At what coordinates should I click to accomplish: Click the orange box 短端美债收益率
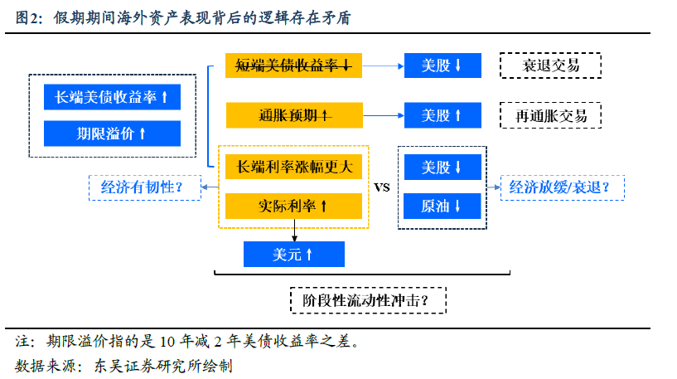point(293,66)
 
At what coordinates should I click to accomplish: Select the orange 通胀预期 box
point(294,115)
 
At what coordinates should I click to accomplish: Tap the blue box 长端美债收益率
point(112,97)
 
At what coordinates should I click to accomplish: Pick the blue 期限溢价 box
point(112,134)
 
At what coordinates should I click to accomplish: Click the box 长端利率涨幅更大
point(293,167)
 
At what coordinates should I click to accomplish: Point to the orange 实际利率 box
point(293,206)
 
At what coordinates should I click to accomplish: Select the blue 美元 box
point(294,254)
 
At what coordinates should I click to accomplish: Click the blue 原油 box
point(442,207)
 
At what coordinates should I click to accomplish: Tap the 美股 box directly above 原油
point(442,167)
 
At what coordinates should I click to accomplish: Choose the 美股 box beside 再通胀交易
point(442,115)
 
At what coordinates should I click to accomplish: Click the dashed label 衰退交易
point(550,66)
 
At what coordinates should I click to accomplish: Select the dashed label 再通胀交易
point(550,115)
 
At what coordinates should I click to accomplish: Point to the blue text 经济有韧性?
point(142,187)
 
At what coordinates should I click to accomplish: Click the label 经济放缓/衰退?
point(559,187)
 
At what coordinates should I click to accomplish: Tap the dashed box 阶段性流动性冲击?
point(368,300)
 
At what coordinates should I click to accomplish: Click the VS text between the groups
point(382,187)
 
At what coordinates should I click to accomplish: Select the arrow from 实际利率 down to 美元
point(294,231)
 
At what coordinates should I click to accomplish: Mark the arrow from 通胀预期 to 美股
point(384,115)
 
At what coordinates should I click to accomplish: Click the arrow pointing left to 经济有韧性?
point(210,187)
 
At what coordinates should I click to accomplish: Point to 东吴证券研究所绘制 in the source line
point(163,366)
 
